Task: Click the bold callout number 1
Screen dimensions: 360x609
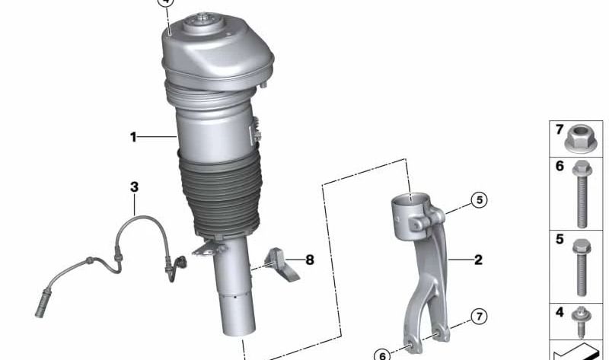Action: click(133, 138)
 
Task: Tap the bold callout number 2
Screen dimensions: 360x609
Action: click(478, 260)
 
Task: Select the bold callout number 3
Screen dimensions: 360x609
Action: click(134, 186)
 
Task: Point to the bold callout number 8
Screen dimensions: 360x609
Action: click(310, 260)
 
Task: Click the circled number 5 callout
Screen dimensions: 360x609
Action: click(478, 200)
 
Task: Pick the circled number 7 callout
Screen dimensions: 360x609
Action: click(478, 316)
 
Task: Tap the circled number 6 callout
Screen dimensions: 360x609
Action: click(381, 354)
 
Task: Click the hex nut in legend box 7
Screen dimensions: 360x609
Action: click(580, 142)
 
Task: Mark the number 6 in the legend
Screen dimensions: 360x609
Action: click(560, 167)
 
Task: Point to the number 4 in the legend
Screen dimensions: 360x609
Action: click(560, 312)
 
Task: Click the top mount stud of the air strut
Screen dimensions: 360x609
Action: click(204, 17)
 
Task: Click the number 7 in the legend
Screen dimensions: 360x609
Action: click(560, 130)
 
